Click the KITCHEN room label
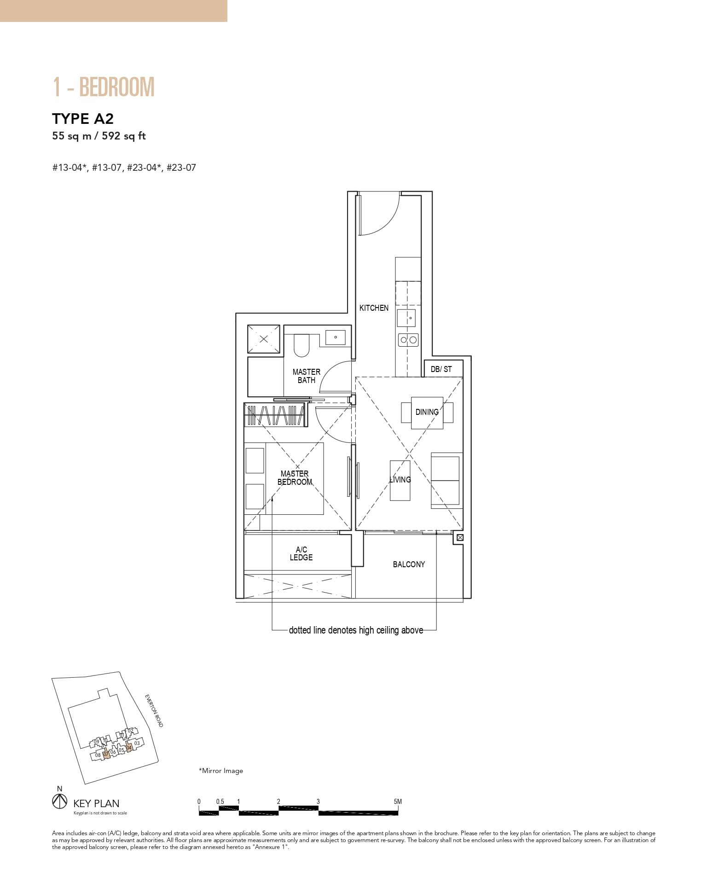(374, 308)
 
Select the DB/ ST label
(441, 369)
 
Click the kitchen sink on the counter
(407, 318)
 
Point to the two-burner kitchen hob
(408, 340)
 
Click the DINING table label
(427, 412)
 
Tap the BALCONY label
(409, 564)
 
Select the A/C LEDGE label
(301, 553)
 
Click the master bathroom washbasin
(336, 337)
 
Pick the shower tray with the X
(264, 339)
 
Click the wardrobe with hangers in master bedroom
(275, 416)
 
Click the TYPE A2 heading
(83, 119)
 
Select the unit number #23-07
(181, 168)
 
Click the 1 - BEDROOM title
(104, 87)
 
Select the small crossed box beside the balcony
(460, 537)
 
